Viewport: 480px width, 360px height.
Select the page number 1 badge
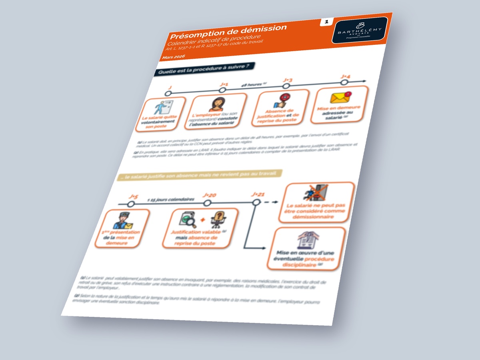326,22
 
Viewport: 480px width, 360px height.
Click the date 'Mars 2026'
173,58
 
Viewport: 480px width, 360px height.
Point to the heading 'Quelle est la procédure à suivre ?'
204,69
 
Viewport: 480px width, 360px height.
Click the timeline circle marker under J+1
223,90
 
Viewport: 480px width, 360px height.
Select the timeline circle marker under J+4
344,82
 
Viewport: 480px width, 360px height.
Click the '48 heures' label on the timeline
254,84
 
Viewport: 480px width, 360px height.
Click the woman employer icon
216,104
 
